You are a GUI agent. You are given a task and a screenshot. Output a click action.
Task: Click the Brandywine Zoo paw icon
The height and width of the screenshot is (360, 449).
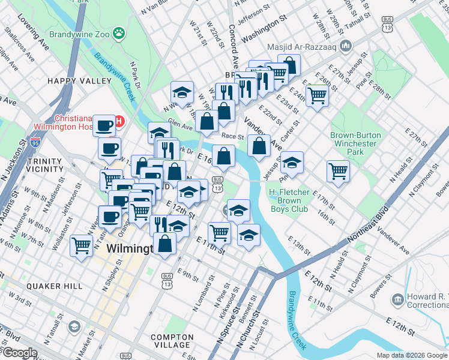(x=119, y=34)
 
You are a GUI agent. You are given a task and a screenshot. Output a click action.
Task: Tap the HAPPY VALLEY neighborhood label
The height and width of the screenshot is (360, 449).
(x=80, y=80)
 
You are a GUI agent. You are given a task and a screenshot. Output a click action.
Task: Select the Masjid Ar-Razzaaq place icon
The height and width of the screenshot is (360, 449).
(x=345, y=46)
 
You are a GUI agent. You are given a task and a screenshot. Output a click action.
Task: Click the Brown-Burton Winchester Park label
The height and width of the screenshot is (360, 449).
(x=355, y=143)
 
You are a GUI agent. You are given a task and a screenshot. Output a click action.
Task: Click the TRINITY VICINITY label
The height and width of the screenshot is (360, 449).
(x=45, y=166)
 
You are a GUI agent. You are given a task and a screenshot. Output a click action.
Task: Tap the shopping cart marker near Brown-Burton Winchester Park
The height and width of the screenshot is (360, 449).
(x=339, y=170)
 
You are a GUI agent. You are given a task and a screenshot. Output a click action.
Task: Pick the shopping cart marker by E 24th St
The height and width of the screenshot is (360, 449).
(x=316, y=94)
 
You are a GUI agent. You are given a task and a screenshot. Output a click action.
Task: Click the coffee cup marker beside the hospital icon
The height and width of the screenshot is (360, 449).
(x=105, y=125)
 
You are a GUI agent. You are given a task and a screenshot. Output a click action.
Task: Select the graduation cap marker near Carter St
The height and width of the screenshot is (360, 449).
(x=292, y=162)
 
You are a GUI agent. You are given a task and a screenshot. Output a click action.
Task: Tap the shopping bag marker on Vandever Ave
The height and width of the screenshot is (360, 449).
(x=259, y=145)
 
